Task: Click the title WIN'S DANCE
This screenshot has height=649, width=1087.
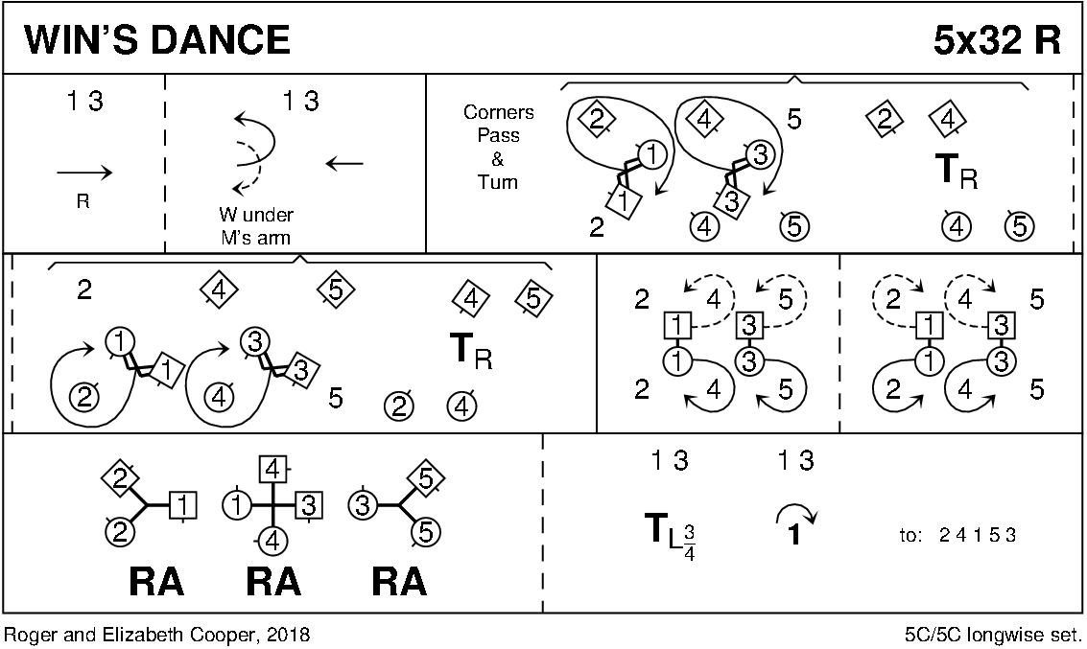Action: point(157,39)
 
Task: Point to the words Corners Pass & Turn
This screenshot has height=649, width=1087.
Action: point(498,147)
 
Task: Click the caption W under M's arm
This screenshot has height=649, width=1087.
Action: point(257,225)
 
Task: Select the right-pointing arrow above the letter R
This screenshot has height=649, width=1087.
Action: point(84,174)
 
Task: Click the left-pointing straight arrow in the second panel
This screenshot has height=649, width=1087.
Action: point(344,164)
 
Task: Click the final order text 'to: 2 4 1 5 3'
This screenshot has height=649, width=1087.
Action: point(957,536)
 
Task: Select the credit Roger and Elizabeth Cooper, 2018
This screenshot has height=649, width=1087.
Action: point(157,635)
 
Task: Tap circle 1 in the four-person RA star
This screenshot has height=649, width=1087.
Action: point(236,503)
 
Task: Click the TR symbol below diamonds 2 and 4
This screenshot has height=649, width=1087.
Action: point(955,173)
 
